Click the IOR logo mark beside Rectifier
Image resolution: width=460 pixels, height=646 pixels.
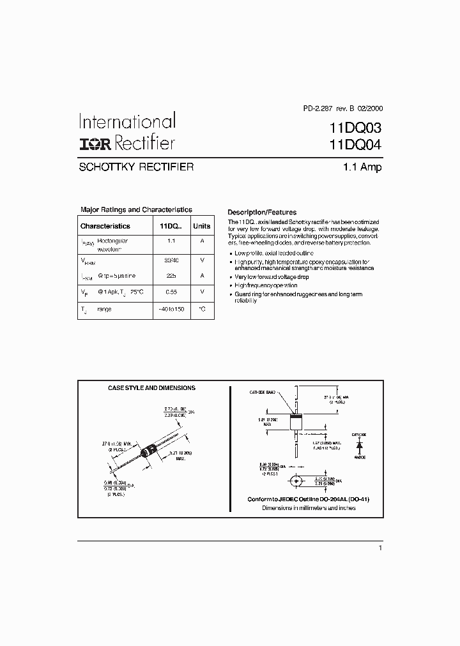tap(95, 144)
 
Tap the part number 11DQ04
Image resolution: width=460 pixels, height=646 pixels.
tap(355, 144)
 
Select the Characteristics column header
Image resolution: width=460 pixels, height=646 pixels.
tap(105, 226)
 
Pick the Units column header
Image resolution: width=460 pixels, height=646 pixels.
tap(202, 226)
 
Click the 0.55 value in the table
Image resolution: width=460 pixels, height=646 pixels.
tap(171, 291)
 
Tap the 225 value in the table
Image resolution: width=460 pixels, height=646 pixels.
tap(171, 276)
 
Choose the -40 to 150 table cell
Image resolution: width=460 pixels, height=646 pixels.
tap(171, 309)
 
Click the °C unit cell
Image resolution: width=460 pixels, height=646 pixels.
tap(202, 309)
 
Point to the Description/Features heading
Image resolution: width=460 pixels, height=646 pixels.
tap(262, 213)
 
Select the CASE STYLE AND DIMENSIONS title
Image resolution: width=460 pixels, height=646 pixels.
tap(151, 387)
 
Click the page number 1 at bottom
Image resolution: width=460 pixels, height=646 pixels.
tap(380, 548)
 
